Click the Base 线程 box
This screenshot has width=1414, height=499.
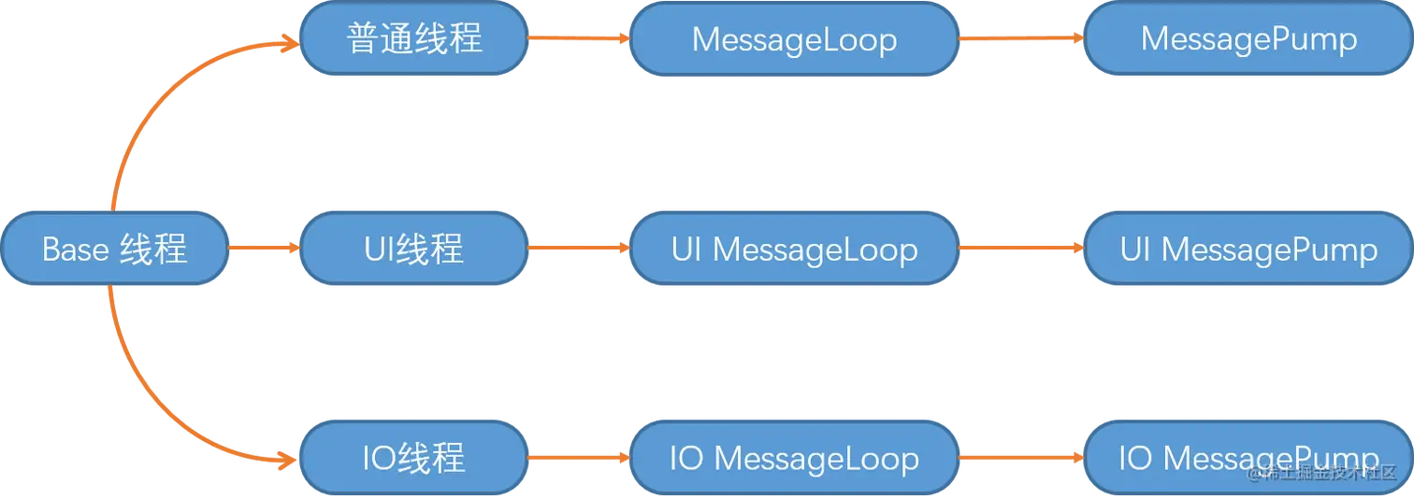click(115, 249)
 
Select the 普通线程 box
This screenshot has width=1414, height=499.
click(414, 39)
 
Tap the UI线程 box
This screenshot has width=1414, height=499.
click(414, 249)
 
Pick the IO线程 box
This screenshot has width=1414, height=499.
click(414, 458)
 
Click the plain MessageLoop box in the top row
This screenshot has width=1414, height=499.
click(795, 39)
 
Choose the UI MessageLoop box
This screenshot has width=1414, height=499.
click(795, 249)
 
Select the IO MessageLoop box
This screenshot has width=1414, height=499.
click(795, 458)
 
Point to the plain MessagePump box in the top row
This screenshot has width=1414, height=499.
click(1248, 39)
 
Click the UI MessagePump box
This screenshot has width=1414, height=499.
click(1248, 249)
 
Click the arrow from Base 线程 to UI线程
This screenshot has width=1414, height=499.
click(264, 249)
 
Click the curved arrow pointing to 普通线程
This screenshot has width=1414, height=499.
click(159, 93)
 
